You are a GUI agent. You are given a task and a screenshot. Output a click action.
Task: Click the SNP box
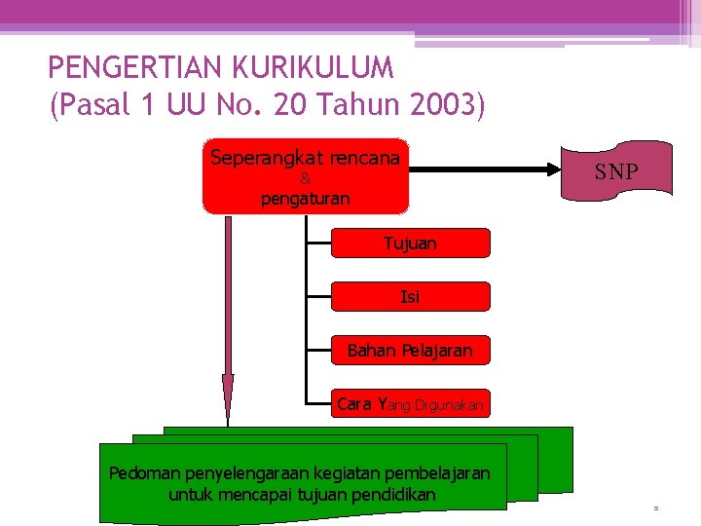[616, 173]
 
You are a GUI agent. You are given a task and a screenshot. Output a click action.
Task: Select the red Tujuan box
[410, 244]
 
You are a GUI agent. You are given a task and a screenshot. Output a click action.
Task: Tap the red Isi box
[410, 296]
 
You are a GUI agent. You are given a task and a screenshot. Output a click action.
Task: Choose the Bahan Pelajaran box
[410, 350]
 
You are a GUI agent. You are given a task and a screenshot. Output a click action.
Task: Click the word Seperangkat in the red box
[258, 157]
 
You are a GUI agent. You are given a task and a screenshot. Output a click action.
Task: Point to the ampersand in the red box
[305, 179]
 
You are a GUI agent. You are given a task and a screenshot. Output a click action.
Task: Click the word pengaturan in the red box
[305, 199]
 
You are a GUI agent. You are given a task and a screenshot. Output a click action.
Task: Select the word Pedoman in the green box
[139, 473]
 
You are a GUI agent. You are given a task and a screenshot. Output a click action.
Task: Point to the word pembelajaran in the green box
[439, 473]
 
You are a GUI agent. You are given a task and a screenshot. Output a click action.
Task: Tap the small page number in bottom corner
[656, 508]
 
